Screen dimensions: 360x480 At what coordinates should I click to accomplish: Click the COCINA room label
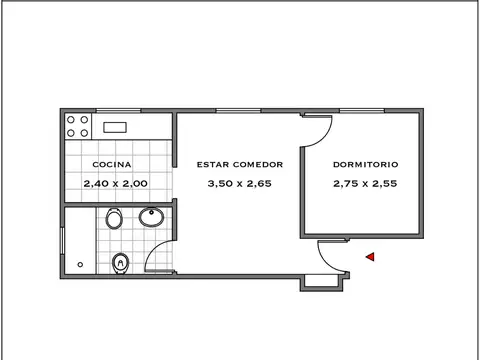(112, 164)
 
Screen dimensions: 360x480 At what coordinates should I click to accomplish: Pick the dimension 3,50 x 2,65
(239, 183)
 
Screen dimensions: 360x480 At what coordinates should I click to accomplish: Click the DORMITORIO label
(366, 164)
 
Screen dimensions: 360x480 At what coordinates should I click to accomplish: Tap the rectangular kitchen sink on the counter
(113, 127)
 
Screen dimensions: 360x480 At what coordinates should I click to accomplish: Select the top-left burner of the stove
(70, 120)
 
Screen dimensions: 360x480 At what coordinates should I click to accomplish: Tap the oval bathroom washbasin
(153, 217)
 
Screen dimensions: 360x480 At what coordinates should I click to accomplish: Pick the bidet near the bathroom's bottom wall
(122, 262)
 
